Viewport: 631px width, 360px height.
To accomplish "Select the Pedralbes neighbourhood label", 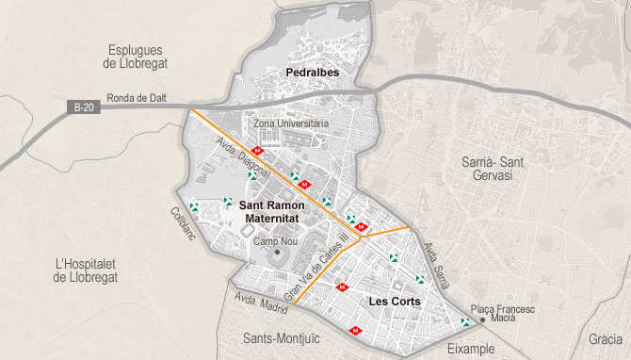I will pyautogui.click(x=311, y=72).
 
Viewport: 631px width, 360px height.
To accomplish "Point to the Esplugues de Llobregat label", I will pyautogui.click(x=135, y=57).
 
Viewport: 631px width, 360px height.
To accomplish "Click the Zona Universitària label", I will pyautogui.click(x=291, y=123).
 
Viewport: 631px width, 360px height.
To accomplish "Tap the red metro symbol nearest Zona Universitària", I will pyautogui.click(x=258, y=151).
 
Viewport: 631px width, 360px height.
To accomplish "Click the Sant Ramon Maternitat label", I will pyautogui.click(x=271, y=211).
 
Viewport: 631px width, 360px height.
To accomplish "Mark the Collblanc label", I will pyautogui.click(x=183, y=223).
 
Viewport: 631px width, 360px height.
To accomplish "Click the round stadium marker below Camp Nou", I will pyautogui.click(x=277, y=256).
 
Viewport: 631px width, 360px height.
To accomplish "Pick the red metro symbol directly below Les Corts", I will pyautogui.click(x=355, y=330).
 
